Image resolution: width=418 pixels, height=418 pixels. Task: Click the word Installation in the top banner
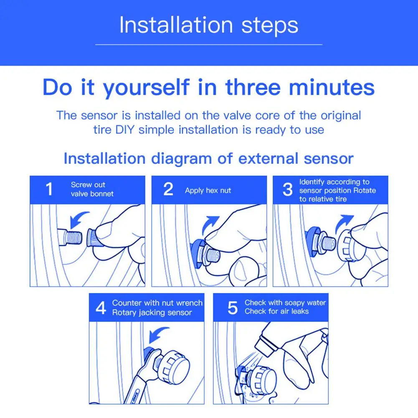pyautogui.click(x=176, y=25)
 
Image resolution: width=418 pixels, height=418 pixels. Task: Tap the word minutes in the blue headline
pyautogui.click(x=332, y=87)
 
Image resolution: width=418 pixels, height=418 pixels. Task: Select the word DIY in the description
pyautogui.click(x=125, y=130)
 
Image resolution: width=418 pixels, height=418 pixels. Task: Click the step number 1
pyautogui.click(x=49, y=189)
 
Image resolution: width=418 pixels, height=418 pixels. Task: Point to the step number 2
pyautogui.click(x=168, y=189)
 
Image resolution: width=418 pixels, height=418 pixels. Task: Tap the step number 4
pyautogui.click(x=101, y=308)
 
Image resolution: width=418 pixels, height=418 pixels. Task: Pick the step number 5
pyautogui.click(x=233, y=308)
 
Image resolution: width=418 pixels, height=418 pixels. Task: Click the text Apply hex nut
pyautogui.click(x=208, y=190)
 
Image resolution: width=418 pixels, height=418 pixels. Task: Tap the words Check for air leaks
pyautogui.click(x=276, y=312)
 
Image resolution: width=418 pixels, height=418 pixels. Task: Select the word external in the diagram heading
pyautogui.click(x=268, y=158)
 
